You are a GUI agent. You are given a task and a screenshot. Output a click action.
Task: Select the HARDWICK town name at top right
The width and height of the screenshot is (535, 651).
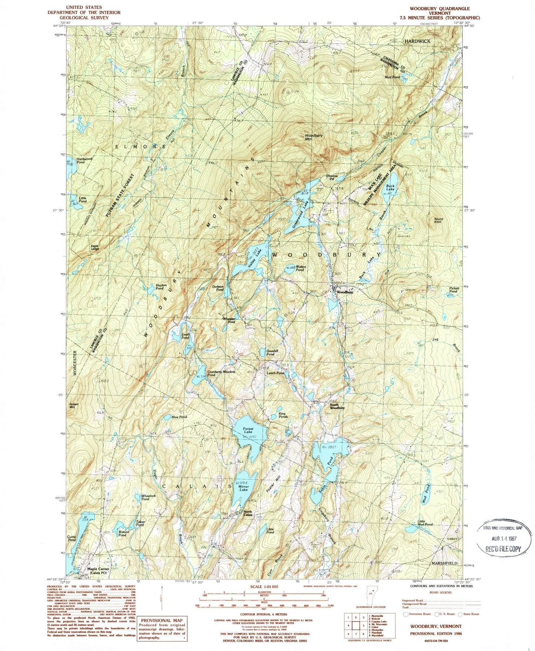417,41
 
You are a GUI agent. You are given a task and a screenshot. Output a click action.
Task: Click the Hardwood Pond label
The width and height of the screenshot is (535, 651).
84,160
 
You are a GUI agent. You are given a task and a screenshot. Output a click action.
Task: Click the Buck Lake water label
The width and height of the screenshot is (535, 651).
390,187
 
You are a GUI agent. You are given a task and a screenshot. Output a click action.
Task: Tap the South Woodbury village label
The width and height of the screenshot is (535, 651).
337,406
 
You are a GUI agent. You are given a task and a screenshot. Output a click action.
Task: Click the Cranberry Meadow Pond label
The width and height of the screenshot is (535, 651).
221,373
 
